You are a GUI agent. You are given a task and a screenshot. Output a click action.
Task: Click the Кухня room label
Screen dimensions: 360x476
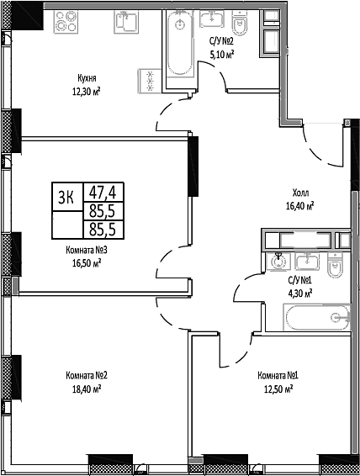click(87, 78)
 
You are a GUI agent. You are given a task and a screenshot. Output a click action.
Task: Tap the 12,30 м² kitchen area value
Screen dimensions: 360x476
click(86, 91)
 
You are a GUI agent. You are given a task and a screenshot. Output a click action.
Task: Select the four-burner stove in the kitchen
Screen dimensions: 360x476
click(66, 22)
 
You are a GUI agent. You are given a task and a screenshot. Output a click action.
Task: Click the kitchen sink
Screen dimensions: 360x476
click(126, 22)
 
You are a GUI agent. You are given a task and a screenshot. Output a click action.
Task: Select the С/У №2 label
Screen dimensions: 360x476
click(221, 41)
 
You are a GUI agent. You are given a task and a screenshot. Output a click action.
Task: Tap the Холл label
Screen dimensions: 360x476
click(300, 193)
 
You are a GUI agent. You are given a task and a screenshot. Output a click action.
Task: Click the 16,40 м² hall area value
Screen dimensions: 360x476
click(299, 206)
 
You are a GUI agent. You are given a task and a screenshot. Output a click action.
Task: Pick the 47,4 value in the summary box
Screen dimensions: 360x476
click(103, 192)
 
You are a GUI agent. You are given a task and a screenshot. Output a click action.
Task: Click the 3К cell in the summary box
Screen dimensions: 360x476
click(66, 197)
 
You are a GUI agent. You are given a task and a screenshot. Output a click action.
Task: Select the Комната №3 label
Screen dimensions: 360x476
click(87, 250)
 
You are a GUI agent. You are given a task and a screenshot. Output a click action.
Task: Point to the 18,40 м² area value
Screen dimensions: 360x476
click(87, 389)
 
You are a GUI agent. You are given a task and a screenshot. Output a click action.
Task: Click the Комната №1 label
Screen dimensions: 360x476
click(278, 376)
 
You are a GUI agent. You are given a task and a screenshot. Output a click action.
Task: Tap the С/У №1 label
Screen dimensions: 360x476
click(300, 280)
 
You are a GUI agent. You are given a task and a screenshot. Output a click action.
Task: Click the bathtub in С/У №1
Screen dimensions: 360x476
click(316, 317)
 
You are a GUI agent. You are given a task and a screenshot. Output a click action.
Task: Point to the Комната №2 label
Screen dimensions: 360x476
click(87, 376)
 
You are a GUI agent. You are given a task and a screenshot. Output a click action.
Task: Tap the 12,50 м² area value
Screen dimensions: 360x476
click(278, 389)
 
